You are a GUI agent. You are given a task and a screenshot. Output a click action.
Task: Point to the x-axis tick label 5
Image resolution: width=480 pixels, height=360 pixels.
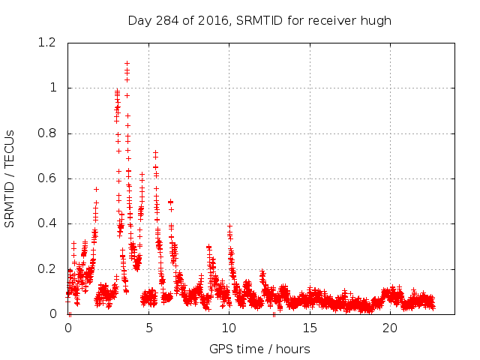148,328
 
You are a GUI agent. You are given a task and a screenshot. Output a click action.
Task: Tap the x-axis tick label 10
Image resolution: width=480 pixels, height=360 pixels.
229,328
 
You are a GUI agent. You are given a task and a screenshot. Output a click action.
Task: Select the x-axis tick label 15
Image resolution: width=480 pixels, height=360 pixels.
309,328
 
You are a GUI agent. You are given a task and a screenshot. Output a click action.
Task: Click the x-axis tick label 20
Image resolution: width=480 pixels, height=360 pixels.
389,328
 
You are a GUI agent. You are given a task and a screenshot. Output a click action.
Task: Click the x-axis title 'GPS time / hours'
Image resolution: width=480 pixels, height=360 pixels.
259,349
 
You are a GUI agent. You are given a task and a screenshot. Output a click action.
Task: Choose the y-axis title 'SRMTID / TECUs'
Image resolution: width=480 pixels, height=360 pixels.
10,178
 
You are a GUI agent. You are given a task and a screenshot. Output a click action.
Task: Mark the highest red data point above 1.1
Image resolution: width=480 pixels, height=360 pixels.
127,64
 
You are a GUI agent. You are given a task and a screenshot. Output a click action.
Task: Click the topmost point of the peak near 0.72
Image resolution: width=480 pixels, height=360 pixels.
155,152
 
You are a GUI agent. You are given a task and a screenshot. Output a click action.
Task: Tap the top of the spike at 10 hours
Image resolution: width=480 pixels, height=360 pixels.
229,226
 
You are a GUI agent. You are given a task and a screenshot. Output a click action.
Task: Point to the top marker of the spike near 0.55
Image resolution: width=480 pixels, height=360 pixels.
96,189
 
